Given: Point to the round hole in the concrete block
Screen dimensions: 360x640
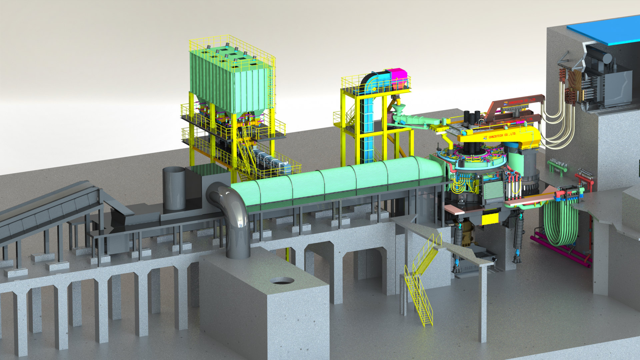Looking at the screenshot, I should click(x=282, y=281).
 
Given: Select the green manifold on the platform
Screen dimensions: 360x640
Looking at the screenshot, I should click(x=557, y=165).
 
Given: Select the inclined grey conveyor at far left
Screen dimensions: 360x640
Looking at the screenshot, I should click(x=47, y=208).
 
